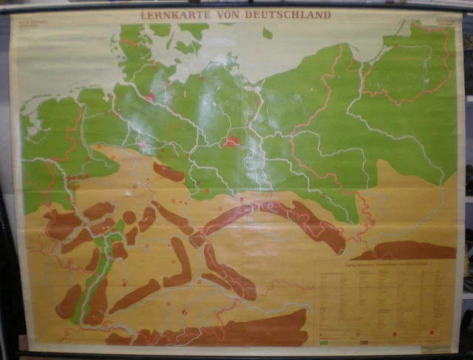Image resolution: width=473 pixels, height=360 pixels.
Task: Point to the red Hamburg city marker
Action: point(151,97)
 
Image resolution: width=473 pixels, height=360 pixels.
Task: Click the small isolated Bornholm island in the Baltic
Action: point(267,34)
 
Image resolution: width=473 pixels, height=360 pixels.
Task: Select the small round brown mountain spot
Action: point(129,217)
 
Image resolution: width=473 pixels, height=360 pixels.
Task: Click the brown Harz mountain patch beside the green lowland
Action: point(169,172)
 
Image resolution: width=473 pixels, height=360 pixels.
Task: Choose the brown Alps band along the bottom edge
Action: point(222,333)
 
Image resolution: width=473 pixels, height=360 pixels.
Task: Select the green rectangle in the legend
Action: point(324,344)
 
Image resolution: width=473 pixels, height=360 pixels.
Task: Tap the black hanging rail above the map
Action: point(236,4)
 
